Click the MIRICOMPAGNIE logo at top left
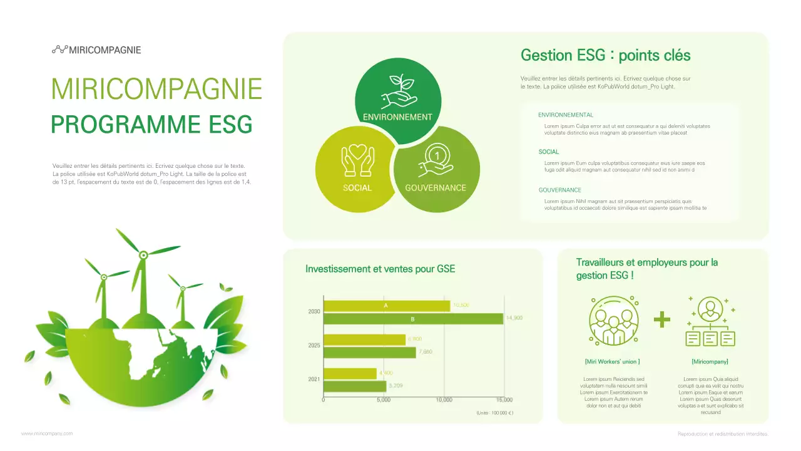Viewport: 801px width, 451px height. click(x=96, y=49)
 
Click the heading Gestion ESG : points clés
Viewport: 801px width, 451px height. click(x=605, y=55)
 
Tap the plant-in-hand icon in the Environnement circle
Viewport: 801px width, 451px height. click(x=399, y=91)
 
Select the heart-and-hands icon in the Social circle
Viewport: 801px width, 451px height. click(x=357, y=160)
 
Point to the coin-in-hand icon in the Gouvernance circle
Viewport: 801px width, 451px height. click(x=435, y=160)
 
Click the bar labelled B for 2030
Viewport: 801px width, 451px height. click(x=413, y=319)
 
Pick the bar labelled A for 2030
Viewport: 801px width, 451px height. click(x=386, y=306)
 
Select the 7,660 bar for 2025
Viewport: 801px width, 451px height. click(x=369, y=352)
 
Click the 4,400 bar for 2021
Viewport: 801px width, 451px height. click(x=350, y=373)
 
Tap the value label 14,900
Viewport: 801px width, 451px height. click(x=514, y=318)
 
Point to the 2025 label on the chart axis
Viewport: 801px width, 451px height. click(x=314, y=345)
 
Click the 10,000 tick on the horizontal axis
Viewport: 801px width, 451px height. click(x=444, y=400)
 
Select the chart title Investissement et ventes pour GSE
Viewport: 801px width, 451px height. click(x=380, y=269)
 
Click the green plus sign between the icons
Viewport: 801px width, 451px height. click(x=661, y=319)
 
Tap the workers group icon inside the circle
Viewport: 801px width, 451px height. click(x=613, y=321)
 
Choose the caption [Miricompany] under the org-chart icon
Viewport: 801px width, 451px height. click(x=710, y=361)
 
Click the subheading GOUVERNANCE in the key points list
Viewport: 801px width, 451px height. click(x=559, y=190)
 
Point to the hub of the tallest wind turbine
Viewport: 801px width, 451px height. click(x=143, y=254)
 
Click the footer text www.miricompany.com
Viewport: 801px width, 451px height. click(x=47, y=433)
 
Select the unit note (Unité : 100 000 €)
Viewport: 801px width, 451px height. click(x=494, y=413)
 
